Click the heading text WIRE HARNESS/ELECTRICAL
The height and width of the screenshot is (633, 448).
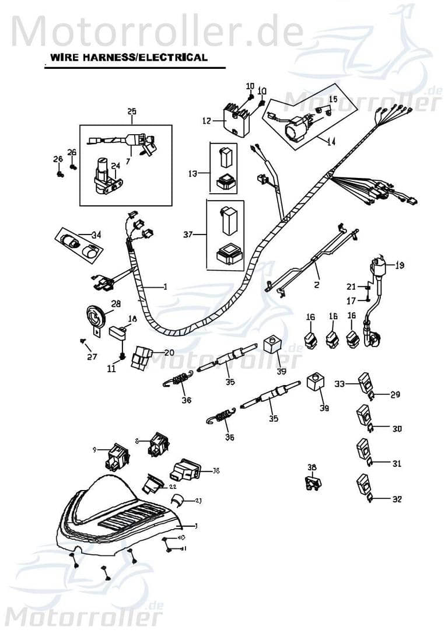pyautogui.click(x=128, y=57)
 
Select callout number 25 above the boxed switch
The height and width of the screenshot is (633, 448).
pyautogui.click(x=131, y=111)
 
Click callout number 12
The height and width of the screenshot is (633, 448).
pyautogui.click(x=206, y=121)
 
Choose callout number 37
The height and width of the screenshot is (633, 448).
pyautogui.click(x=188, y=235)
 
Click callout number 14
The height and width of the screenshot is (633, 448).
pyautogui.click(x=331, y=142)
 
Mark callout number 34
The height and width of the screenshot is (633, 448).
pyautogui.click(x=96, y=235)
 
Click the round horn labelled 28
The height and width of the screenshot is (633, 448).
pyautogui.click(x=97, y=318)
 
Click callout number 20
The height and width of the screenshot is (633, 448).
pyautogui.click(x=169, y=352)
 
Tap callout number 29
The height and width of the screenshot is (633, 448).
pyautogui.click(x=395, y=395)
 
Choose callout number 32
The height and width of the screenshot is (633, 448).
pyautogui.click(x=397, y=499)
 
